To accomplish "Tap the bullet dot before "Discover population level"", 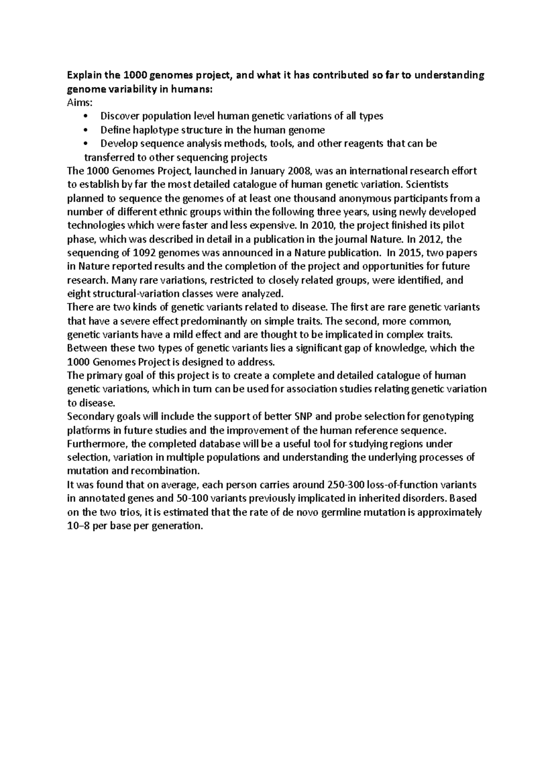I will click(86, 117).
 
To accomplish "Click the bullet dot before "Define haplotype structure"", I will click(86, 130).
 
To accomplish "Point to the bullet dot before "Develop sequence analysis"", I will click(86, 144).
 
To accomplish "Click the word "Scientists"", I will click(427, 185).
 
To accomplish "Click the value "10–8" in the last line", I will click(79, 526).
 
